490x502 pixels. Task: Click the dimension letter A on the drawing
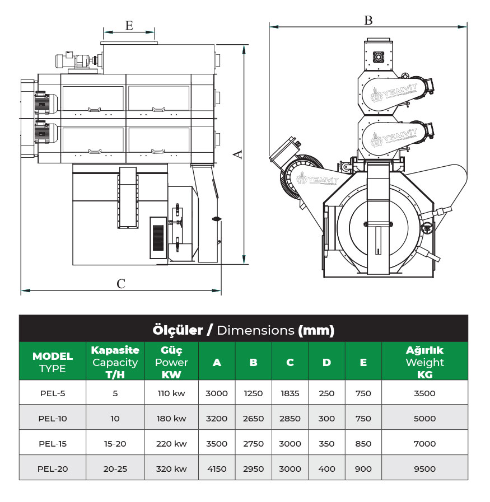(239, 153)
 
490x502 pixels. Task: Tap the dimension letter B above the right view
(368, 20)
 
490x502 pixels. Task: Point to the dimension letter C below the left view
(120, 283)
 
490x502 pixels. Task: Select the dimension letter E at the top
(129, 26)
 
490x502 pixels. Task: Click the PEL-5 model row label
(53, 393)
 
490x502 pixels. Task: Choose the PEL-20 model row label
(53, 468)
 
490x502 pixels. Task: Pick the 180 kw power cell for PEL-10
(171, 418)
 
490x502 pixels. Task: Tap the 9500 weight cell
(424, 468)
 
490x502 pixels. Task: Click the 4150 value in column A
(217, 468)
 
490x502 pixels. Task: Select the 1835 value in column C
(290, 393)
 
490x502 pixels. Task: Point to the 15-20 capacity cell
(115, 443)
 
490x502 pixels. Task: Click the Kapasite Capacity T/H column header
(115, 362)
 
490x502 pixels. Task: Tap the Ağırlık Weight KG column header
(424, 362)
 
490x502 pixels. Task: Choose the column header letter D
(326, 362)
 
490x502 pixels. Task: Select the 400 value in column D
(326, 468)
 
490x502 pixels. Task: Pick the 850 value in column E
(363, 443)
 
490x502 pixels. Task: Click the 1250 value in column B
(253, 393)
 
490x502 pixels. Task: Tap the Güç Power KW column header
(171, 362)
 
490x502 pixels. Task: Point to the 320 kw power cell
(171, 468)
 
